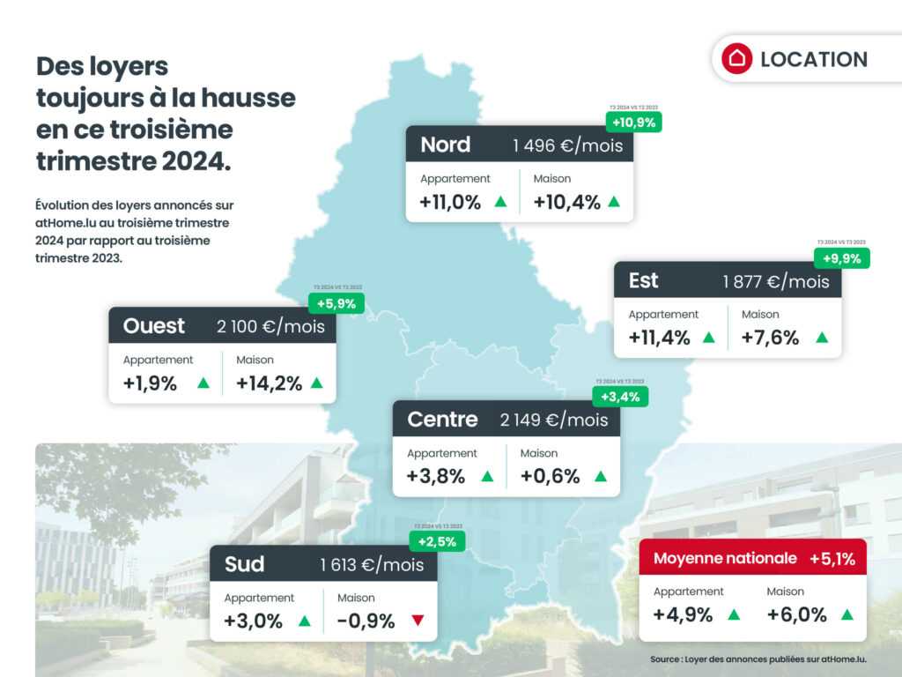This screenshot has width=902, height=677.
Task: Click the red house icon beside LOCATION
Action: coord(736,58)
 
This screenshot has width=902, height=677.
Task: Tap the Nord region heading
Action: coord(445,145)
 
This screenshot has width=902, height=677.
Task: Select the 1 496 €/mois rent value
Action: coord(567,145)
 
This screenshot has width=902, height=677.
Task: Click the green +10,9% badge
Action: coord(634,123)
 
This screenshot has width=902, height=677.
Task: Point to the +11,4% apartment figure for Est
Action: coord(660,338)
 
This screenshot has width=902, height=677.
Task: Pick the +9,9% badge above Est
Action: coord(842,258)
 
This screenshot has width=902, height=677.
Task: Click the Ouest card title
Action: coord(154,326)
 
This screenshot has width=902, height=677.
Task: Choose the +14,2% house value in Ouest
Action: coord(269,383)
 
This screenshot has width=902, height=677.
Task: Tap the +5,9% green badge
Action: coord(336,303)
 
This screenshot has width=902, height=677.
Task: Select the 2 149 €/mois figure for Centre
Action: coord(554,420)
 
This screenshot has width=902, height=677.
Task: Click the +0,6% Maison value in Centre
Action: coord(550,477)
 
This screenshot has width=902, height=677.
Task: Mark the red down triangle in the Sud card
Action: coord(418,621)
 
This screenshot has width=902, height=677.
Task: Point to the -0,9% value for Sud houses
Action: coord(366,621)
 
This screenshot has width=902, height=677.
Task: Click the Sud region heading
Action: coord(244,564)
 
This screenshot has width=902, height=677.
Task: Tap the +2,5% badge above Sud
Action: coord(437,541)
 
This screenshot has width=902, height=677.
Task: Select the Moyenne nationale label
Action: coord(725,558)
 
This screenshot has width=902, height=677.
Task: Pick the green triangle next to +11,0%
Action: coord(500,202)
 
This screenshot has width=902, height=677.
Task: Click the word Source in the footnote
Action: coord(665,659)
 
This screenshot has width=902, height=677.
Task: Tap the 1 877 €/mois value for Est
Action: coord(776,281)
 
